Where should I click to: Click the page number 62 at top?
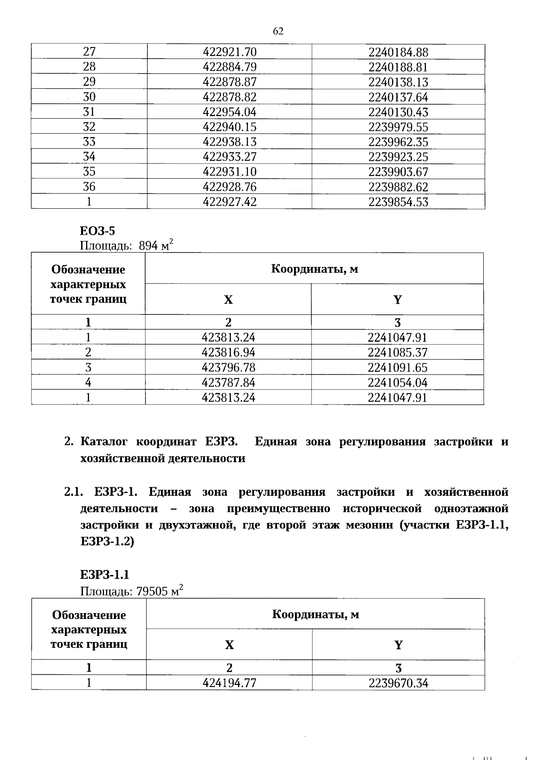pos(278,31)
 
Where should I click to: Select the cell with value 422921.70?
pos(230,52)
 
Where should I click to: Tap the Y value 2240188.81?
pos(398,67)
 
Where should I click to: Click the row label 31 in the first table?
pos(89,112)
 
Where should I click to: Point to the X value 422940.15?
pos(230,127)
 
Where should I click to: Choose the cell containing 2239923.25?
pos(398,157)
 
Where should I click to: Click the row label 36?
pos(89,187)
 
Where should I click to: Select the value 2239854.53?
pos(398,202)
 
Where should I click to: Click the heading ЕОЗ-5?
pos(97,231)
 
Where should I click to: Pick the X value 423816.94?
pos(228,352)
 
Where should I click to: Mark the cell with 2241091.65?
pos(397,368)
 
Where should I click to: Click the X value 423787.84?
pos(228,382)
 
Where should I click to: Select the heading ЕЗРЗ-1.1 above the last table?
pos(104,575)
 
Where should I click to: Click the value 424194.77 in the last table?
pos(229,683)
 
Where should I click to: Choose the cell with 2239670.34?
pos(398,683)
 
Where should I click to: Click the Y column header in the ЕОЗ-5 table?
pos(397,300)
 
